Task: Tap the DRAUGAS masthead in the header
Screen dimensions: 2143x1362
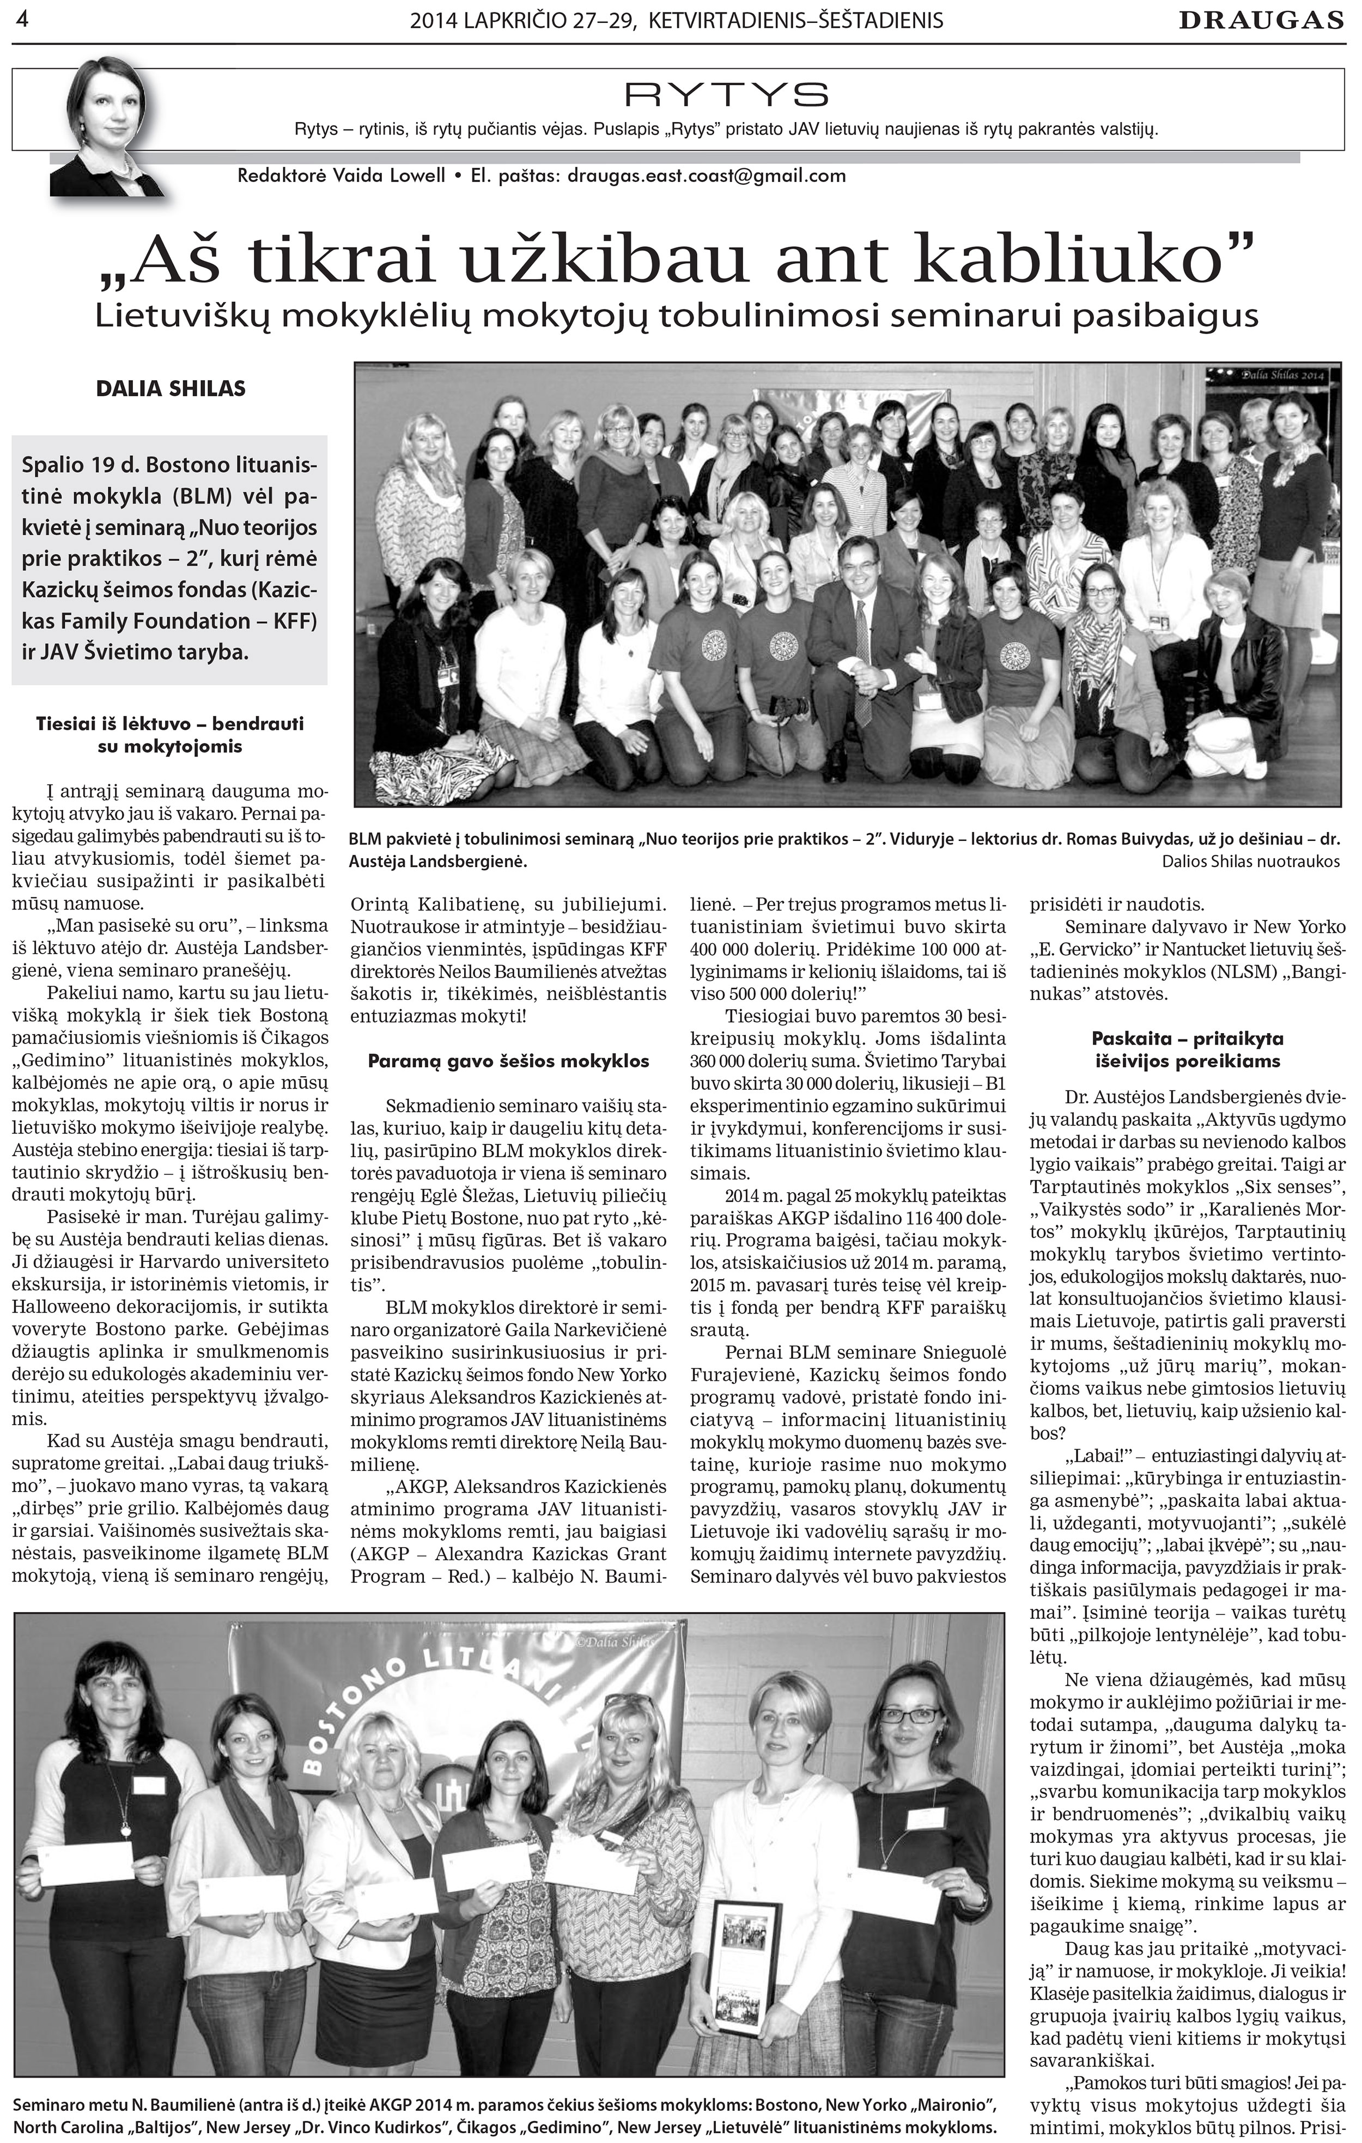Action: click(x=1261, y=21)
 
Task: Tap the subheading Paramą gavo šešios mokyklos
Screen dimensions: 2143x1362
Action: click(x=508, y=1061)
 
